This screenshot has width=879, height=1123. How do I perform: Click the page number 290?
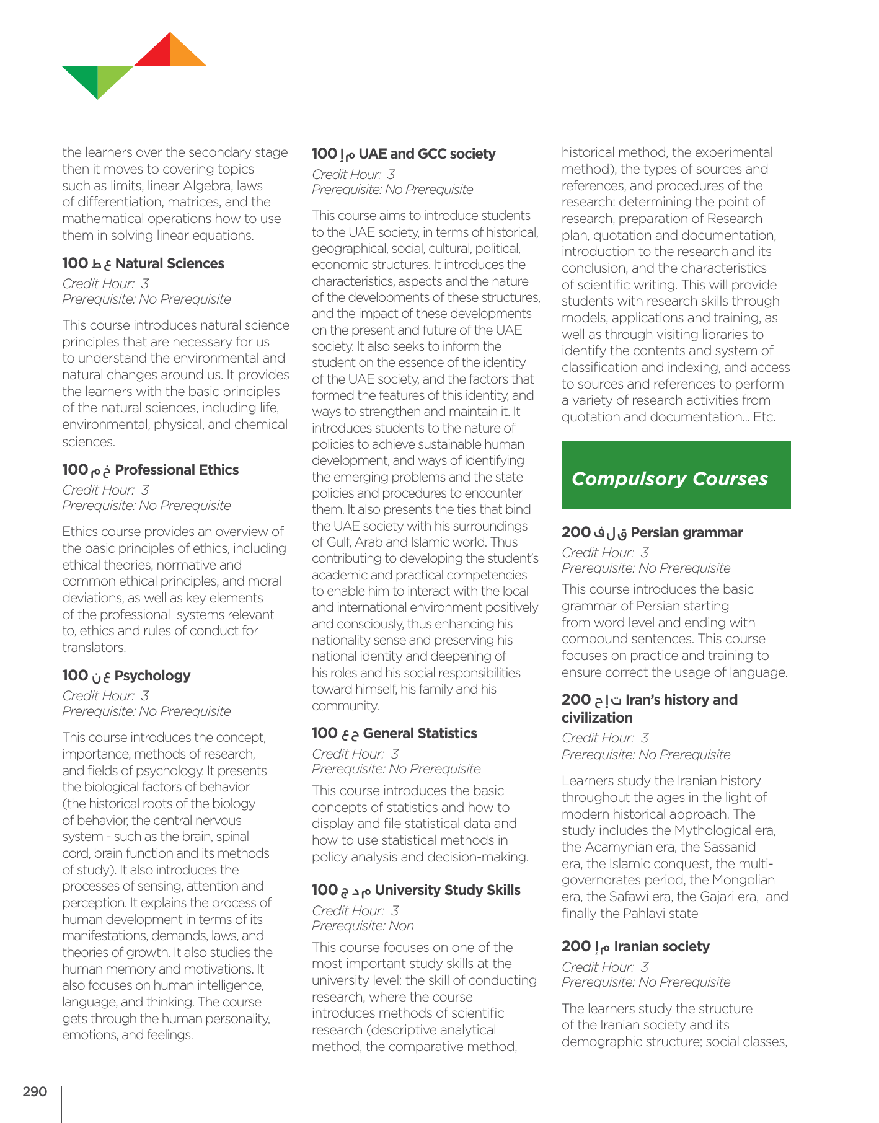35,1091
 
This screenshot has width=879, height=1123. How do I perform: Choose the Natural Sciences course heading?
143,263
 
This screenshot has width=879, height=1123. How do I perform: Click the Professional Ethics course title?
150,470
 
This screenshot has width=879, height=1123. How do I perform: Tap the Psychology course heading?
126,676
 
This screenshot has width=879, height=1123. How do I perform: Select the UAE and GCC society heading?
404,154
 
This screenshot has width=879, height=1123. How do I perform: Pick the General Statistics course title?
394,733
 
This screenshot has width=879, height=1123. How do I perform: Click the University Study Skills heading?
416,890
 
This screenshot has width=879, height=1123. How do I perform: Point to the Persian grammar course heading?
652,532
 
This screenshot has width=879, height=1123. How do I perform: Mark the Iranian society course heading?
635,946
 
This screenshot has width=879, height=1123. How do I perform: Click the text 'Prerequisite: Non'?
363,926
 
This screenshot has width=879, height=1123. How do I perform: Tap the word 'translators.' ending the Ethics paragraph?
94,648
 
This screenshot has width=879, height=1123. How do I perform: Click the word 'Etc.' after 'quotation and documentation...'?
764,417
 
